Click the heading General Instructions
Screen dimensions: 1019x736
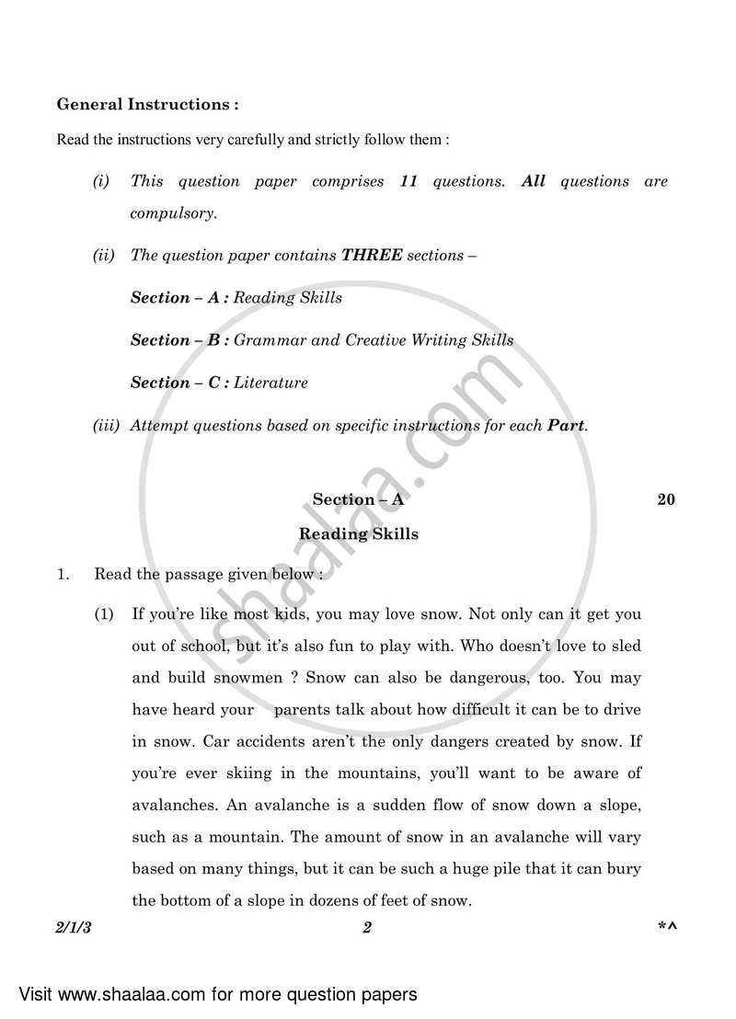coord(147,105)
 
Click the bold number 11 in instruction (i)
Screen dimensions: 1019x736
coord(408,181)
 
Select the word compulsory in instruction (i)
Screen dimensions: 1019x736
coord(173,213)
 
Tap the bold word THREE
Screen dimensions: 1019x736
coord(372,255)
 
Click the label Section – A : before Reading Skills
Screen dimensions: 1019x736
coord(179,297)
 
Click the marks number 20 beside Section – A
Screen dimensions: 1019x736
coord(666,499)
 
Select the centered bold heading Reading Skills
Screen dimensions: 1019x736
coord(359,533)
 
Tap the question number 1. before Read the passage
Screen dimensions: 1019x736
coord(63,575)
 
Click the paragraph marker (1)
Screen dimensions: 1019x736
coord(105,613)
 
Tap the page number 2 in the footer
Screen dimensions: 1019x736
coord(366,928)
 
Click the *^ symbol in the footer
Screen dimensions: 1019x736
coord(666,928)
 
